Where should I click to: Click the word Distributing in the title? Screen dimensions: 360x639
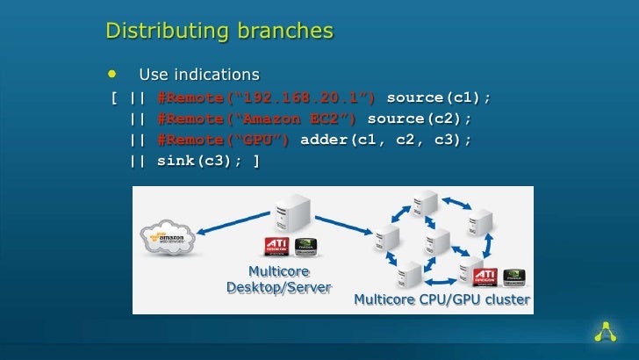coord(162,32)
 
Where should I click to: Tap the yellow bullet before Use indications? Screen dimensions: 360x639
coord(111,73)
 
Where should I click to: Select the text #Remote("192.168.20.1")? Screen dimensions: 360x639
coord(267,97)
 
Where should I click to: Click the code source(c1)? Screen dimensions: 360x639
coord(438,97)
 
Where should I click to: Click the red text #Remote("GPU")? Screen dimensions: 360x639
coord(224,140)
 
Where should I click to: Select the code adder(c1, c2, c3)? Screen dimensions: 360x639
coord(385,140)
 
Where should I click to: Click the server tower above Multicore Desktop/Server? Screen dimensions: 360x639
coord(292,218)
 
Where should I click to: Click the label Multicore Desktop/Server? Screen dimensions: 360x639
coord(278,279)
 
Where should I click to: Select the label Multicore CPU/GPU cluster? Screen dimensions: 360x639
coord(442,300)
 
